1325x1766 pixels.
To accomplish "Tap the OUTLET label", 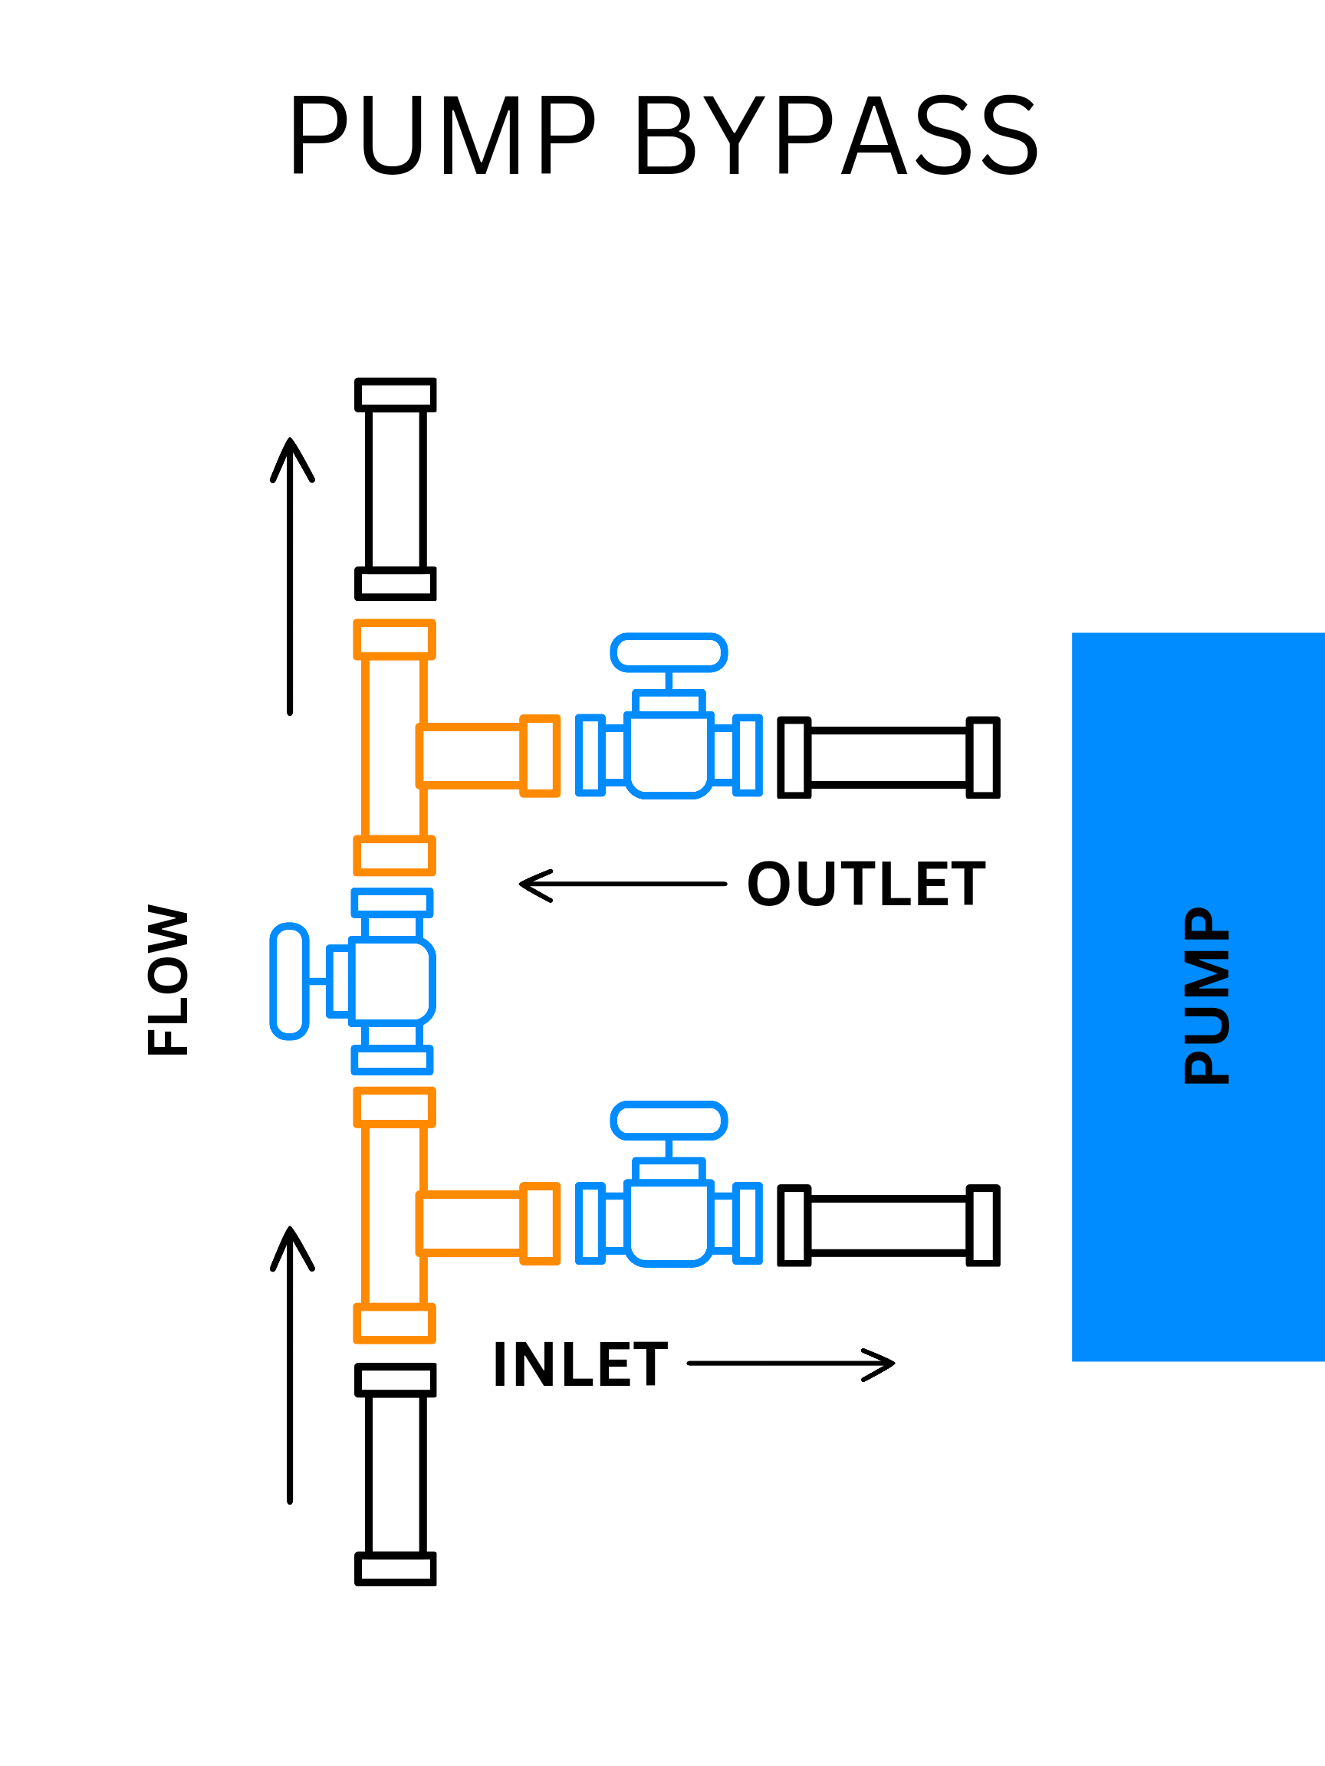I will (866, 885).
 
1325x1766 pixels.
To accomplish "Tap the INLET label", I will (580, 1365).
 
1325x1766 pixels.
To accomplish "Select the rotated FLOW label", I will (169, 981).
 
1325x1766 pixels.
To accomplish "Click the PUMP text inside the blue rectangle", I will (1207, 996).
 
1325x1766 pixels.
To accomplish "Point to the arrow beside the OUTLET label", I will (622, 885).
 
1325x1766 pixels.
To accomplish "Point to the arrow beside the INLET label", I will (791, 1364).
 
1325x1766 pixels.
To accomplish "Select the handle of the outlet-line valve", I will (669, 653).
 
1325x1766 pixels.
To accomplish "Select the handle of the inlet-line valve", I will (669, 1121).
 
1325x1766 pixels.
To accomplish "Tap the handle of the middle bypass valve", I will (289, 981).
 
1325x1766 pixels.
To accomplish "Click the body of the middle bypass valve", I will (392, 981).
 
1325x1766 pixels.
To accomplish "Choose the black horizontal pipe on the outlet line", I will (889, 757).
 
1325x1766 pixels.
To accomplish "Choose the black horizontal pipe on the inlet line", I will (889, 1226).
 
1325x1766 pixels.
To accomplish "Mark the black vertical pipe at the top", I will (396, 488).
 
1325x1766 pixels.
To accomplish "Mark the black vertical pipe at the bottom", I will (396, 1475).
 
